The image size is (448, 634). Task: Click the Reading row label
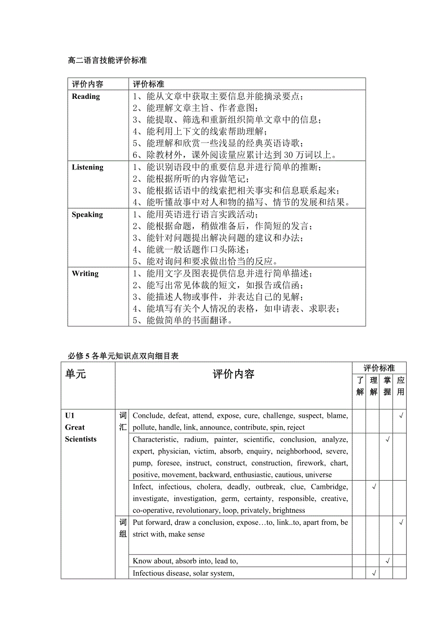[86, 96]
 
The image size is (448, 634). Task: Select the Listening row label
[88, 168]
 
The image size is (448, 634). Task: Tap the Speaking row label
[87, 215]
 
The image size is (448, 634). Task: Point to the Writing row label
[85, 274]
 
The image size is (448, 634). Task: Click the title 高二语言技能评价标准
[107, 61]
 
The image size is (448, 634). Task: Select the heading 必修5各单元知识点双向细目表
[123, 356]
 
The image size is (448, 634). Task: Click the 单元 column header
[75, 374]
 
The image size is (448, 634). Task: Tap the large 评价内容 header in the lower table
[233, 374]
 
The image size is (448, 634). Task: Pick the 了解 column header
[360, 386]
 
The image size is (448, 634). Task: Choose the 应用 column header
[400, 386]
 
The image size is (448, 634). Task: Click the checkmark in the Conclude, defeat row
[401, 416]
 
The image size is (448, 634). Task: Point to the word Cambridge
[329, 487]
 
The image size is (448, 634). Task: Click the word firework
[310, 463]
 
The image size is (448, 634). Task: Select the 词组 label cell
[123, 528]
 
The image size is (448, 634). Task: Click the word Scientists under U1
[81, 439]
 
